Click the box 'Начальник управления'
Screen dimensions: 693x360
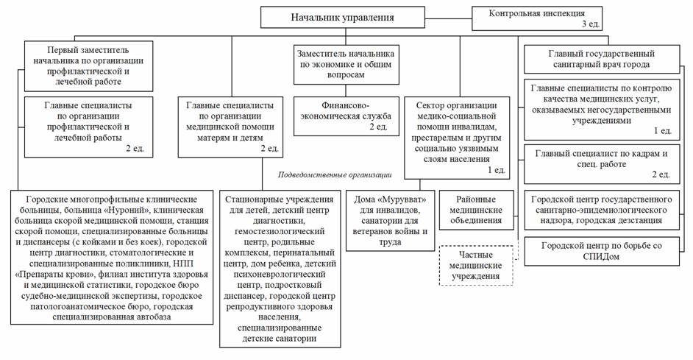[x=343, y=17]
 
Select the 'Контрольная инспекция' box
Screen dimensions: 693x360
[x=536, y=18]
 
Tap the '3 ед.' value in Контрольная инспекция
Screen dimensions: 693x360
[x=591, y=24]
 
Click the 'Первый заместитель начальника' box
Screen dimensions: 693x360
[x=88, y=66]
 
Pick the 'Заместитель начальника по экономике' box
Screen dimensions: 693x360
[x=346, y=64]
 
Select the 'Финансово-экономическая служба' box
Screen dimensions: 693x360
[x=346, y=116]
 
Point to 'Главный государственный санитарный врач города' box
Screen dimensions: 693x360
[x=602, y=59]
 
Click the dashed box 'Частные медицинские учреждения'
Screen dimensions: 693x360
[x=475, y=265]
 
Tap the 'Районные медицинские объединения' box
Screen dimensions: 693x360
[x=476, y=210]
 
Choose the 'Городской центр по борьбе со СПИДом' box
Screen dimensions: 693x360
[x=602, y=251]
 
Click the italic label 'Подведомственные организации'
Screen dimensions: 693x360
[x=335, y=174]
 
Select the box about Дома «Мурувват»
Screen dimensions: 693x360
[x=390, y=221]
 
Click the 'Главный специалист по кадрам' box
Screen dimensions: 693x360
[x=602, y=163]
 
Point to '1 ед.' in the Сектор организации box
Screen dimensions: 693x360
[x=496, y=170]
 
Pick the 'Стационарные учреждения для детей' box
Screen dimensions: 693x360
[x=280, y=269]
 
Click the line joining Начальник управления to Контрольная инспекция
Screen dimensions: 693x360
[x=449, y=18]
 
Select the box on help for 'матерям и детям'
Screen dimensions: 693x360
[x=230, y=127]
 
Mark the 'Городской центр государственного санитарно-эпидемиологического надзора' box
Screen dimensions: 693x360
[x=602, y=210]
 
